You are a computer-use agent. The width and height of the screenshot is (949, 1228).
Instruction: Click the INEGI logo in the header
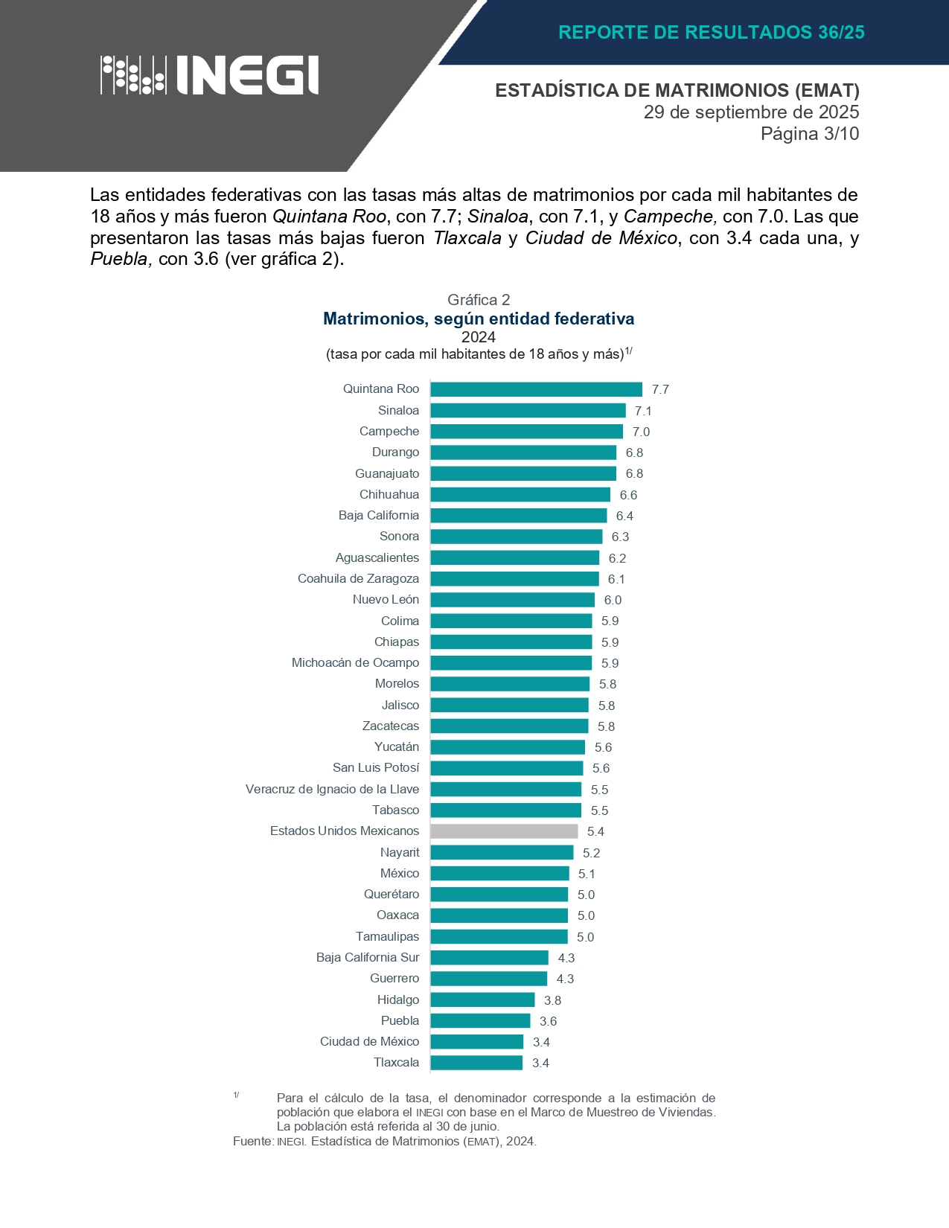point(210,75)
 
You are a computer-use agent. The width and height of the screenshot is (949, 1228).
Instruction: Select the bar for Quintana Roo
point(536,389)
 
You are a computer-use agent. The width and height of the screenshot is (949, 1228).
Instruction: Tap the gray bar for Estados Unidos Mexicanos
point(504,831)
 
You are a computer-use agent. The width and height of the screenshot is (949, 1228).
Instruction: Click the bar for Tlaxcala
point(476,1063)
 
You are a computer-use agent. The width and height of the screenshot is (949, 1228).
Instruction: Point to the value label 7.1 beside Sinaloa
point(643,411)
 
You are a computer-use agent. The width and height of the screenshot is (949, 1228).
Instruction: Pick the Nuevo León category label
point(386,600)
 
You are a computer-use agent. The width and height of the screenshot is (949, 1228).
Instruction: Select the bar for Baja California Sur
point(489,958)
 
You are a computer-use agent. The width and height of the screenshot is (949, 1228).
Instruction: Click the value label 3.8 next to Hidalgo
point(552,1000)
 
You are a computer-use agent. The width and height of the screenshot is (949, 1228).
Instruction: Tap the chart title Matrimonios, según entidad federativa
point(479,319)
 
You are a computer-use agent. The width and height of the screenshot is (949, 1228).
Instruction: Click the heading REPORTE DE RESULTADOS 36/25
point(711,32)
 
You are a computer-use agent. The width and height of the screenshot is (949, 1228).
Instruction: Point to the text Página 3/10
point(809,134)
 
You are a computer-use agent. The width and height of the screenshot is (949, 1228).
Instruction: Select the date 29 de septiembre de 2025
point(751,112)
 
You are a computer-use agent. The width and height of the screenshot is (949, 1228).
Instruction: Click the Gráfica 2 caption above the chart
point(479,300)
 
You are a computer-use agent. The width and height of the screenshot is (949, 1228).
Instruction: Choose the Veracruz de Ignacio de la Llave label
point(332,789)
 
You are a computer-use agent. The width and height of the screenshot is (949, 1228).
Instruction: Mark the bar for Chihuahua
point(520,495)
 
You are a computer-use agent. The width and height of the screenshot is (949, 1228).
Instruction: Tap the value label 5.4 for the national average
point(595,831)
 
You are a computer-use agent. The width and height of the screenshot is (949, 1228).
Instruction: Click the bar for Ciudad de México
point(476,1042)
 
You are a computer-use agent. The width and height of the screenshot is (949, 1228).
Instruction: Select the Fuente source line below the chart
point(384,1141)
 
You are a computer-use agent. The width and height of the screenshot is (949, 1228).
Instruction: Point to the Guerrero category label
point(394,979)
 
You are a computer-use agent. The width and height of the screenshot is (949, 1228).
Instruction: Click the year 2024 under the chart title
point(479,337)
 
